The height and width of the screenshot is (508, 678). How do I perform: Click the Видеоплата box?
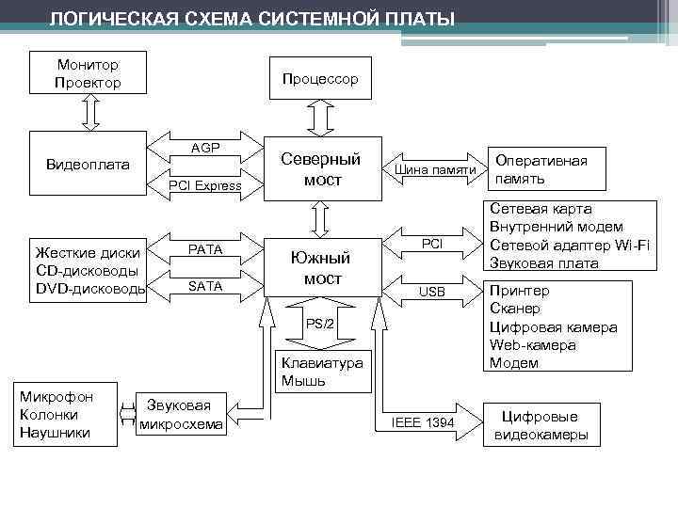pyautogui.click(x=88, y=165)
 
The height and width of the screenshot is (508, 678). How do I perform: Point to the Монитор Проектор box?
pyautogui.click(x=88, y=73)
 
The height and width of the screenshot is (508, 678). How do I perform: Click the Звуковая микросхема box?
pyautogui.click(x=181, y=414)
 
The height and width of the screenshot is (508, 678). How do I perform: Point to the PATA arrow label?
pyautogui.click(x=205, y=250)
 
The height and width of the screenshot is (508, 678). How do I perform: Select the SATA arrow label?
pyautogui.click(x=205, y=286)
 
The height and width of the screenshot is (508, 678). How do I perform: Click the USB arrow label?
pyautogui.click(x=432, y=292)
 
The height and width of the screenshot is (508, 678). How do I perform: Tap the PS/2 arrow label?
pyautogui.click(x=320, y=325)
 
